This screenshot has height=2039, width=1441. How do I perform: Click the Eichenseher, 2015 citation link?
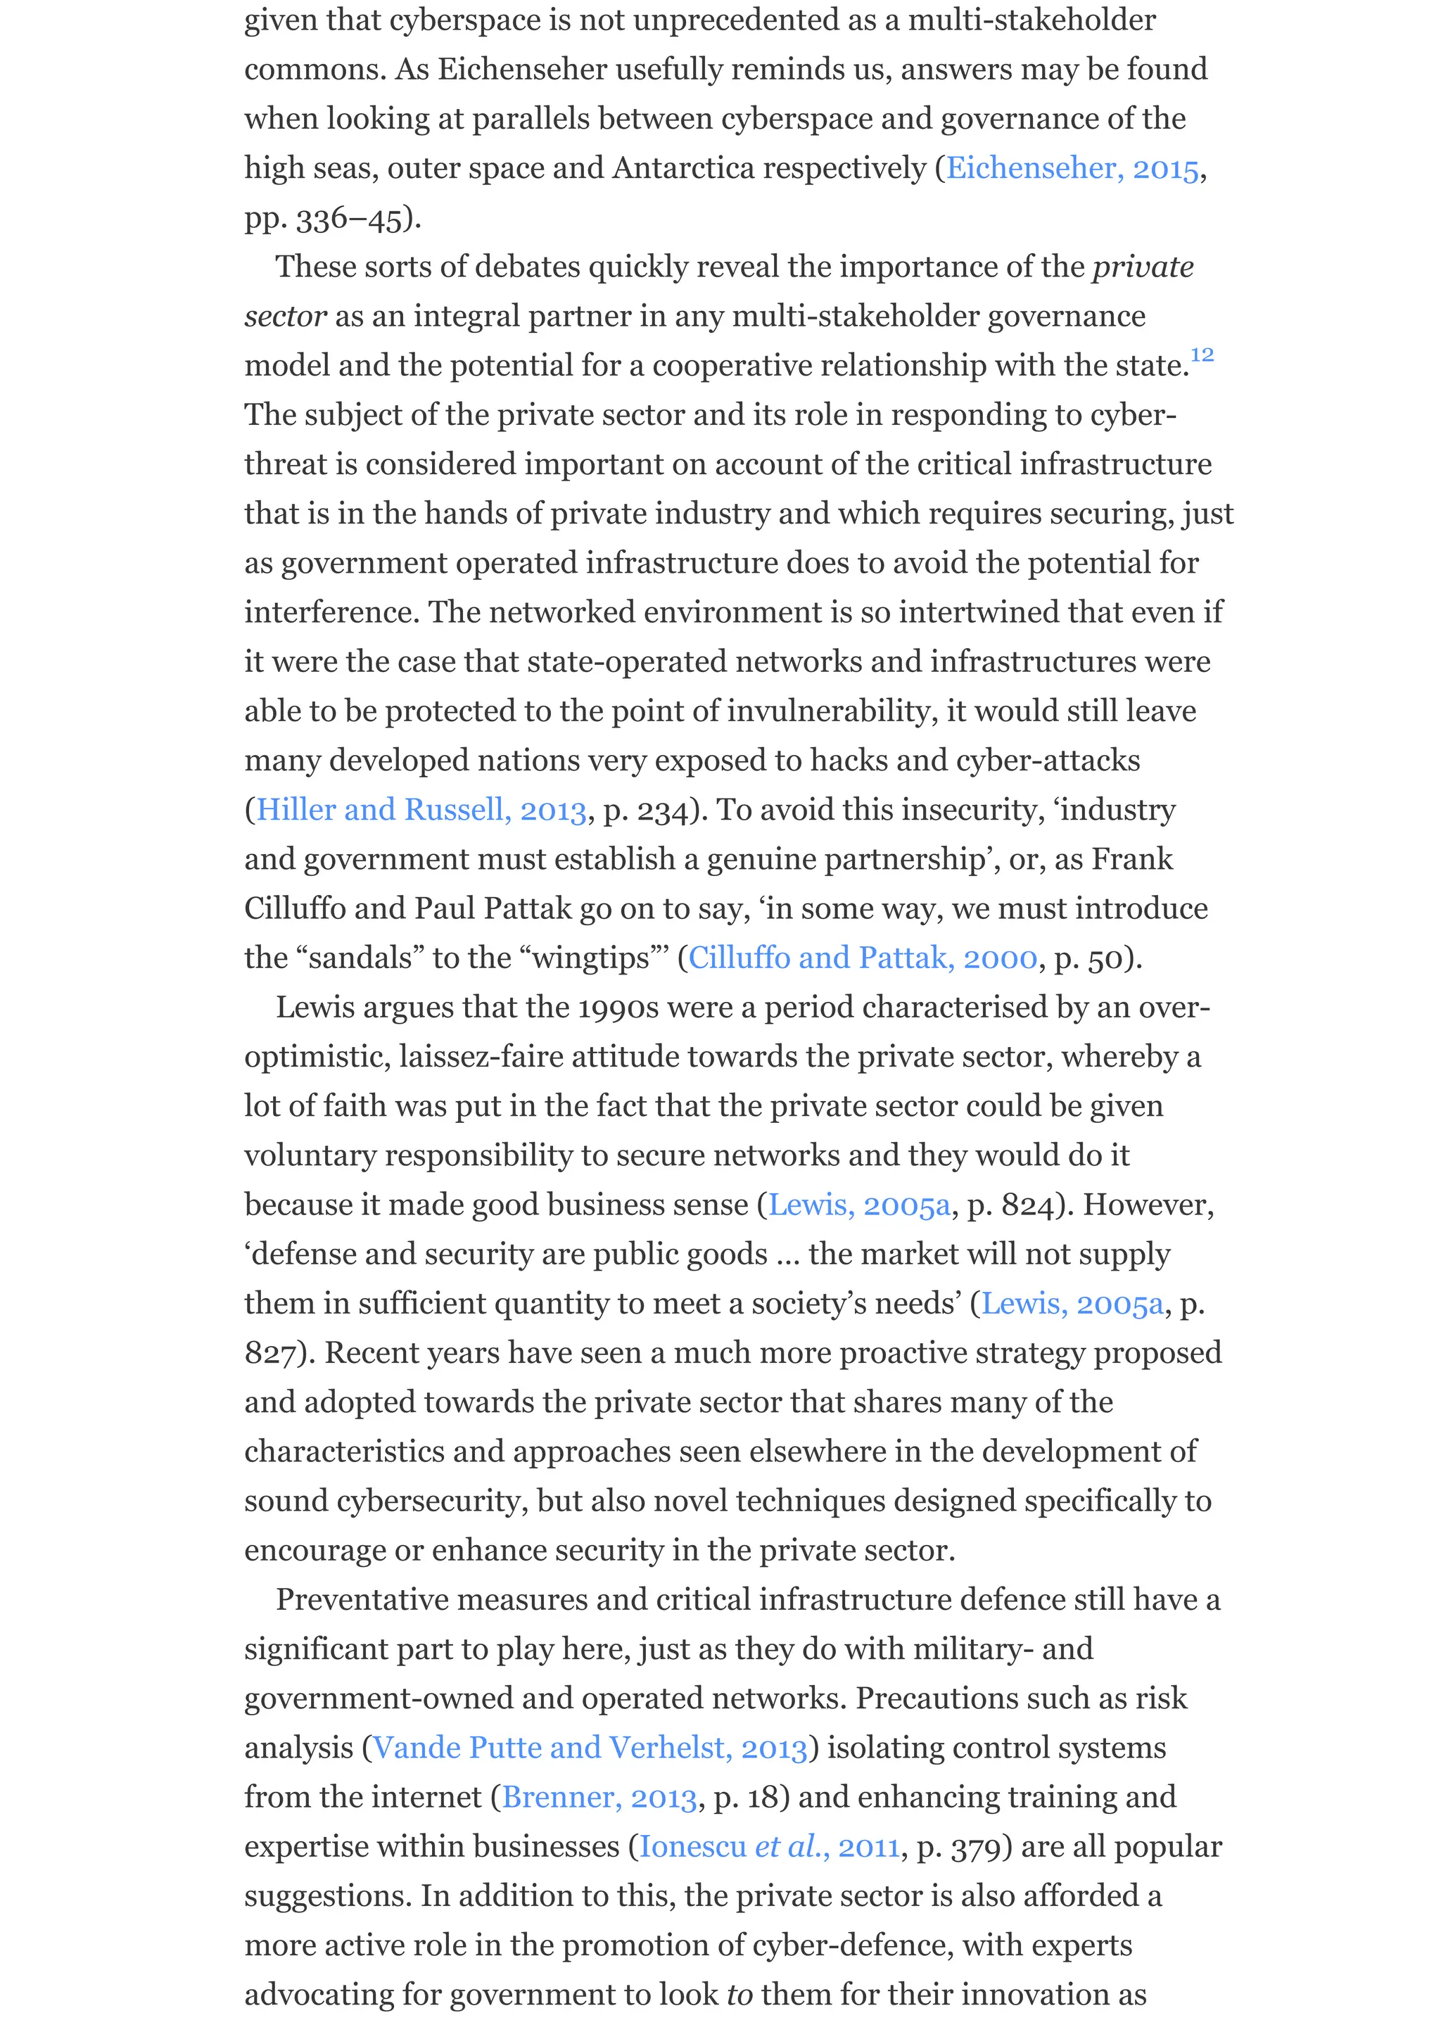(x=1072, y=168)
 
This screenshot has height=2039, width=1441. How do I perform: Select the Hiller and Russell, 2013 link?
(x=421, y=810)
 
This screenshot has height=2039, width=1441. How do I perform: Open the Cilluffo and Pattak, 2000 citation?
(x=862, y=958)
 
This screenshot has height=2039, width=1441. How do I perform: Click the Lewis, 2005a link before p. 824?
(x=858, y=1205)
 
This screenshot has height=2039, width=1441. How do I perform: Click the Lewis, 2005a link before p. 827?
(x=1072, y=1304)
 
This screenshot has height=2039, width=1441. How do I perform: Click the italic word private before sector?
(x=1143, y=267)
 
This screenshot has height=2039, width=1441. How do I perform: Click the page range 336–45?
(x=349, y=218)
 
